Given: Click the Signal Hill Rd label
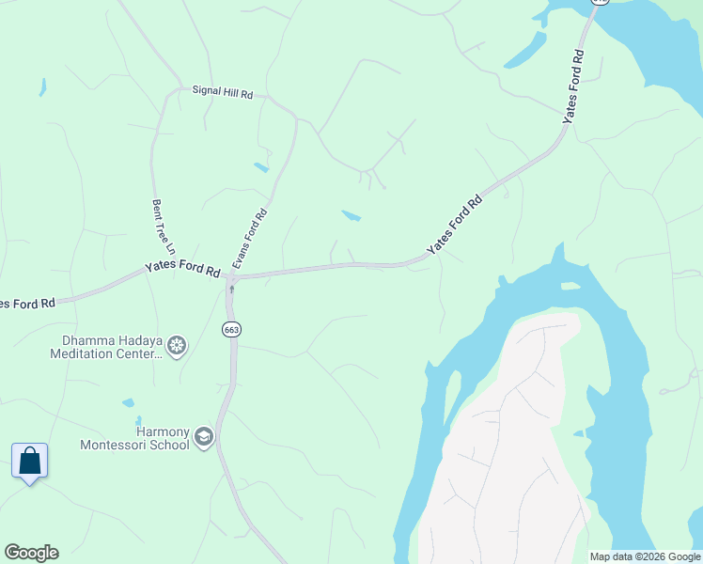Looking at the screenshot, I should click(x=223, y=94).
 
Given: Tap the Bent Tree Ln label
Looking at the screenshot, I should click(x=164, y=227).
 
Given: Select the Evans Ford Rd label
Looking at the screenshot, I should click(x=250, y=239).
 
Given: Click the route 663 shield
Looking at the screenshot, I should click(x=231, y=329).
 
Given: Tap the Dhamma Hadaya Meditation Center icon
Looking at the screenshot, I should click(x=176, y=346).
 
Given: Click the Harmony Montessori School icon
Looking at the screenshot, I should click(x=204, y=437).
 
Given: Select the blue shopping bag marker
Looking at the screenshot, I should click(x=30, y=462).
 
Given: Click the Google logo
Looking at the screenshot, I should click(x=31, y=553).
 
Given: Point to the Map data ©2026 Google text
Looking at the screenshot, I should click(x=645, y=556).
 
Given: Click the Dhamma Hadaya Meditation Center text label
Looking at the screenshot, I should click(x=105, y=347).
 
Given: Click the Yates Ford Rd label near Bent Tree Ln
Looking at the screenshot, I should click(x=182, y=268).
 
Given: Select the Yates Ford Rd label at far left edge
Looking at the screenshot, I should click(x=26, y=304).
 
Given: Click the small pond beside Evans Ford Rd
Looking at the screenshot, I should click(x=260, y=167).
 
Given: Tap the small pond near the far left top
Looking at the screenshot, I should click(x=42, y=87).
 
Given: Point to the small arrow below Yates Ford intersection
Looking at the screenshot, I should click(x=231, y=289).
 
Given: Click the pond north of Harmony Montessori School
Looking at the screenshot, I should click(x=128, y=403).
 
